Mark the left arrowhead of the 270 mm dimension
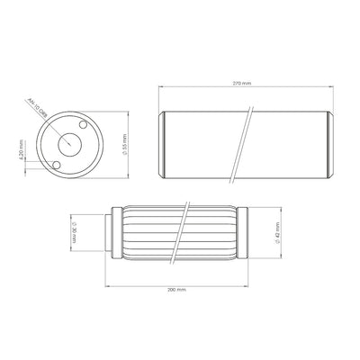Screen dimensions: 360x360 tap(160, 87)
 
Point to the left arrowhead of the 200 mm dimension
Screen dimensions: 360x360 tap(108, 285)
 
